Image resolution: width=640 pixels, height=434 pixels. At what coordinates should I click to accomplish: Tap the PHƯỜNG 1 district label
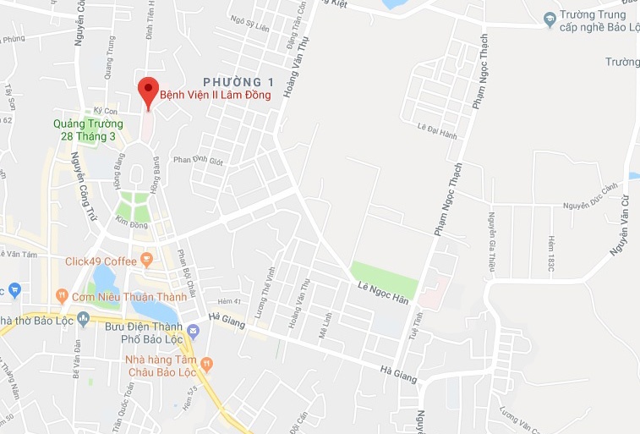tap(239, 81)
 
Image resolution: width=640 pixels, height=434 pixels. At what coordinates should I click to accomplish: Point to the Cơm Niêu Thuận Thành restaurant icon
tap(61, 295)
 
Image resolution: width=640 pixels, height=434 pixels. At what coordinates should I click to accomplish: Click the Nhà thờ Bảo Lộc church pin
tap(83, 319)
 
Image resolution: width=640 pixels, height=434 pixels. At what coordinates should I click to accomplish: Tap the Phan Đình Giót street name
tap(198, 160)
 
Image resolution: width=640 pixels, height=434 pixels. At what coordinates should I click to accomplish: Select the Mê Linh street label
tap(323, 323)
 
